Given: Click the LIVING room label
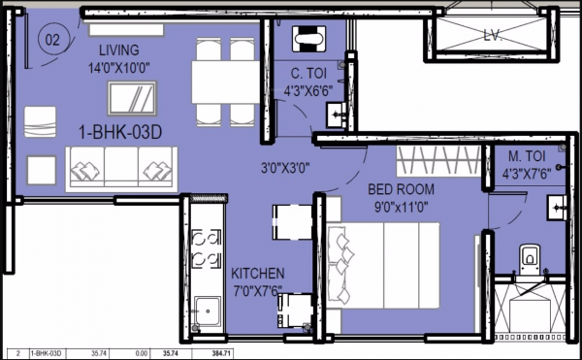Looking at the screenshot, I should coord(119,49).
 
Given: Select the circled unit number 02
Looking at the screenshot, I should coord(52,42).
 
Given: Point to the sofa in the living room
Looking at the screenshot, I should coord(120,169).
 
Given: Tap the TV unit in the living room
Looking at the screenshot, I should coord(130,99).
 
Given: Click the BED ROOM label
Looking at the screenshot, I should coord(401,189).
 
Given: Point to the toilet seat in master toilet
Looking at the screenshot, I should coord(529,257).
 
